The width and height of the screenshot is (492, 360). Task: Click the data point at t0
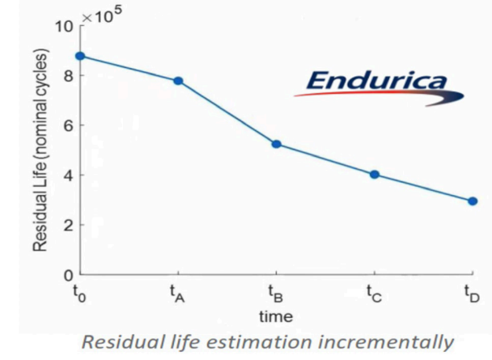pos(79,56)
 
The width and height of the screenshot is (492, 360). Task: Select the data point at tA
pos(178,81)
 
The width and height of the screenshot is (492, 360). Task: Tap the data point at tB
pos(276,144)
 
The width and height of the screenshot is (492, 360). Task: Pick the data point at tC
pos(375,175)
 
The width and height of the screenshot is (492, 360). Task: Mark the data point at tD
pos(473,201)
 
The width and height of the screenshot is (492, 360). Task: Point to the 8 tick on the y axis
pos(66,76)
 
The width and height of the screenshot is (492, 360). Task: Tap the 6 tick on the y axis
pos(66,125)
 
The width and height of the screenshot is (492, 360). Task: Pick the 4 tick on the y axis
pos(66,176)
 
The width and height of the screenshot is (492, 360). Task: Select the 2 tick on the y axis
pos(66,225)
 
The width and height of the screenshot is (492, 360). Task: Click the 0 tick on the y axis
pos(66,275)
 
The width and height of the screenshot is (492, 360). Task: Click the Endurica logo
pos(378,83)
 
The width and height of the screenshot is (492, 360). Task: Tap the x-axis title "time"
pos(276,316)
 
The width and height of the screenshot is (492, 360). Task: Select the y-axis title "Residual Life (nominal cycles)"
pos(40,150)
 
